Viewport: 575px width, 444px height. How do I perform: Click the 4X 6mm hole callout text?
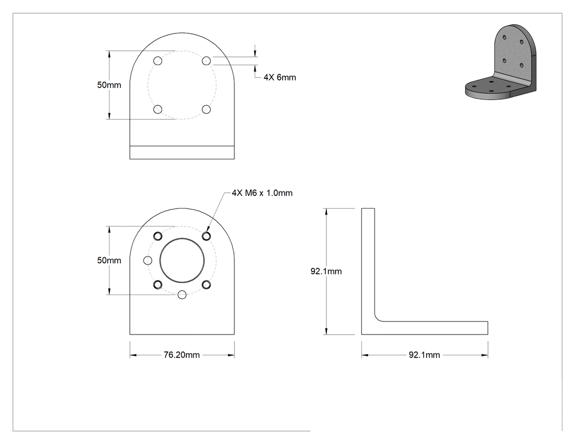[279, 77]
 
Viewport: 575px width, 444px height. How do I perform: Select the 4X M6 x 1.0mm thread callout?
[262, 193]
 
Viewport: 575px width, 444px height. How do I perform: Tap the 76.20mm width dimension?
[181, 355]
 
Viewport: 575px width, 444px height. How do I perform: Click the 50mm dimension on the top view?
[109, 85]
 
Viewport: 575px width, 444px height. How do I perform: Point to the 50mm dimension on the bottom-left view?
[109, 260]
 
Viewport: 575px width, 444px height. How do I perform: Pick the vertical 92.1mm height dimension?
[326, 272]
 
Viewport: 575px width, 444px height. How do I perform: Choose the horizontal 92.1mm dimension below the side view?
[424, 355]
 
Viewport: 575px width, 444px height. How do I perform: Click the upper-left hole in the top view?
[158, 60]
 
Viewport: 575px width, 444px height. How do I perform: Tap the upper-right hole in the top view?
[206, 60]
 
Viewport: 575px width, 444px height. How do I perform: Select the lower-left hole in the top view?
[158, 109]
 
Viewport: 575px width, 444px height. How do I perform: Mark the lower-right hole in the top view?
[206, 109]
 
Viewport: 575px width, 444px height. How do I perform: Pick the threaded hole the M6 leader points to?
[206, 236]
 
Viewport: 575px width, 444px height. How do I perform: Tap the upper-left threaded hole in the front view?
[158, 236]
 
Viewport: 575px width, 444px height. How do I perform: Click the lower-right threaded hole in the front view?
[206, 285]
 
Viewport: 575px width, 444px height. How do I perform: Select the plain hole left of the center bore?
[147, 260]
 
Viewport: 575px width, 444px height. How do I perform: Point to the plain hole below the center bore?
[182, 295]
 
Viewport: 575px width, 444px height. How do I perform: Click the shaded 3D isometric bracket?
[501, 62]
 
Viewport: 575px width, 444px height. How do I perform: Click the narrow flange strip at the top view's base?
[182, 153]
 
